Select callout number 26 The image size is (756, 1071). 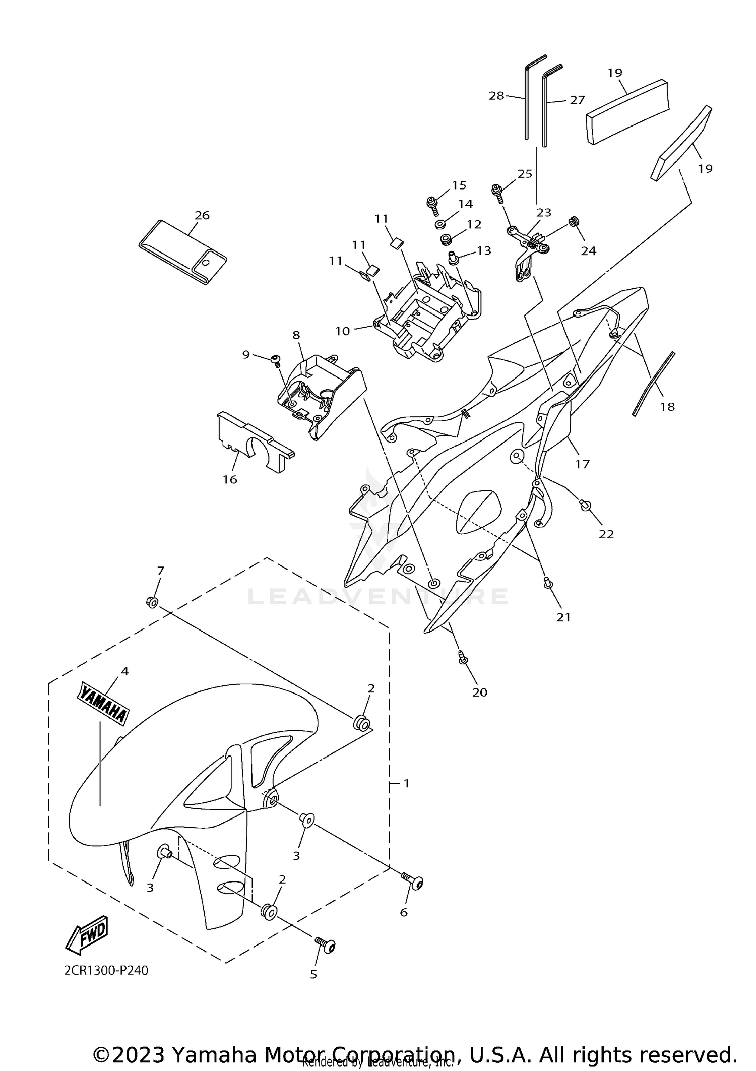point(202,215)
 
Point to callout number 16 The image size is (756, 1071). point(230,479)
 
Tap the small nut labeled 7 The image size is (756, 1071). point(151,601)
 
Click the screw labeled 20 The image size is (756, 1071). point(462,657)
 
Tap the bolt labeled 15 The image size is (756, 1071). point(432,203)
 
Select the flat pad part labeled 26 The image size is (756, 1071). point(182,251)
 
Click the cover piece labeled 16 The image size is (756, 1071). point(255,442)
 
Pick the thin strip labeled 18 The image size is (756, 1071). point(654,384)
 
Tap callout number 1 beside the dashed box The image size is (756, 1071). point(406,797)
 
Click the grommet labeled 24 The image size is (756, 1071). point(573,222)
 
